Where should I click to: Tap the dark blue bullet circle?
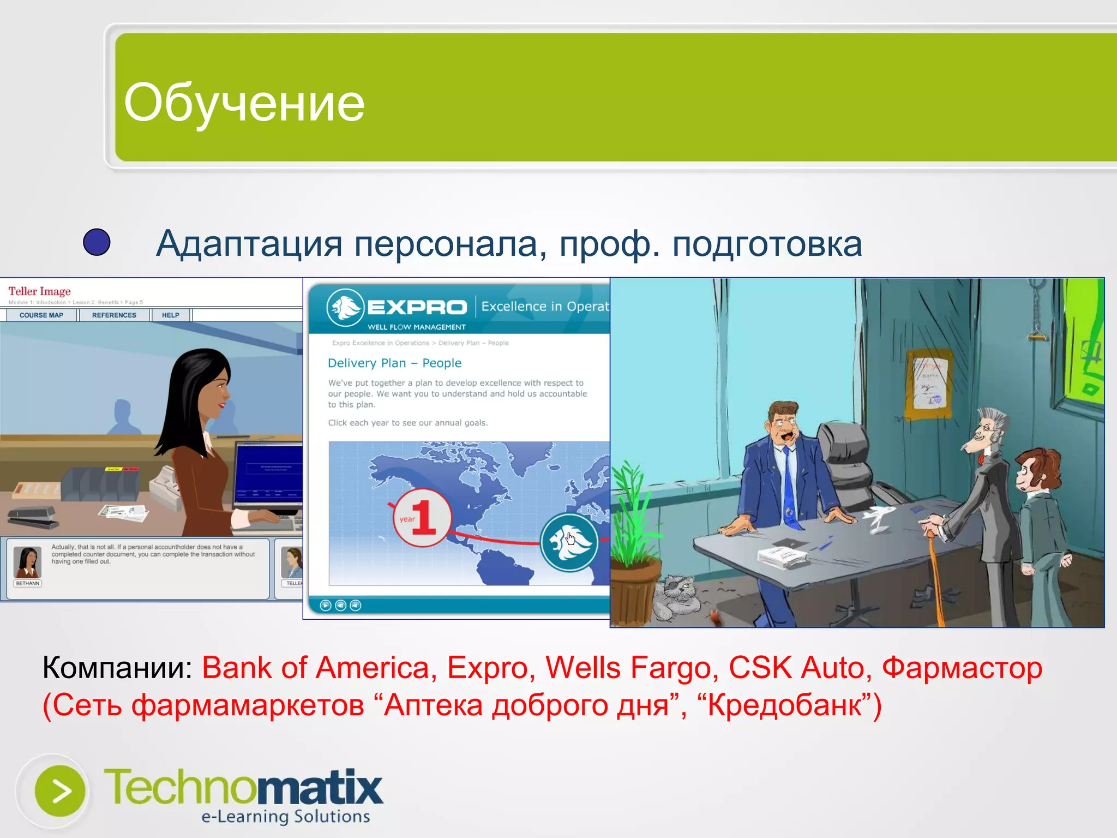click(x=97, y=242)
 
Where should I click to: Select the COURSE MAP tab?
click(x=41, y=315)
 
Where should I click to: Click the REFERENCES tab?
click(x=114, y=315)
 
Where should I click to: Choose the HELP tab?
click(x=170, y=315)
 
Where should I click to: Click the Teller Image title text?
click(x=39, y=291)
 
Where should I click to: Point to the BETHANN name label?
click(x=28, y=583)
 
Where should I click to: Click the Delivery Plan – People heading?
click(x=394, y=363)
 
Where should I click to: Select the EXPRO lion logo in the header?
click(x=345, y=307)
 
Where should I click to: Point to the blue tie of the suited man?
click(x=790, y=491)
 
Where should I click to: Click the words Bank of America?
click(x=316, y=668)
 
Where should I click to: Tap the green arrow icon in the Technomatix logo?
click(x=59, y=791)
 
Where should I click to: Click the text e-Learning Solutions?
click(x=286, y=816)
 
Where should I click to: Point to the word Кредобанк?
click(x=785, y=705)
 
